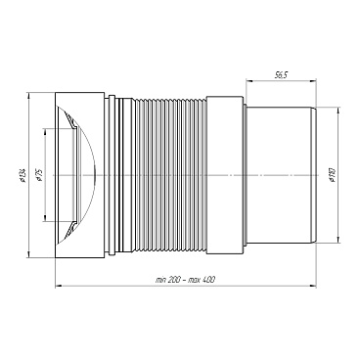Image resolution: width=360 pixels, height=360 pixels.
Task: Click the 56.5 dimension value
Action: (281, 75)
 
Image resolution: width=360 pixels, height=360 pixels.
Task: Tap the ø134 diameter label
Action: (22, 175)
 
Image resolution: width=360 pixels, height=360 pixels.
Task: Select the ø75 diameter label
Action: (40, 175)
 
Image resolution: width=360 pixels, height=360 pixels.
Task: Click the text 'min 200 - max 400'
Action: (185, 280)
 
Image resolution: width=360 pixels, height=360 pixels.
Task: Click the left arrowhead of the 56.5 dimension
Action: (248, 80)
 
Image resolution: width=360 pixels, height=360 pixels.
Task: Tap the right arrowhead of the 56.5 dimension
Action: (314, 80)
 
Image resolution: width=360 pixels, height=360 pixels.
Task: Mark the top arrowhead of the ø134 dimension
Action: (28, 96)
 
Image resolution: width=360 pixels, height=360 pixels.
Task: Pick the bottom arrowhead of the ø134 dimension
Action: (28, 255)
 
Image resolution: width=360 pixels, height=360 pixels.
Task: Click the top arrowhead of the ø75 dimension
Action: (45, 132)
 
